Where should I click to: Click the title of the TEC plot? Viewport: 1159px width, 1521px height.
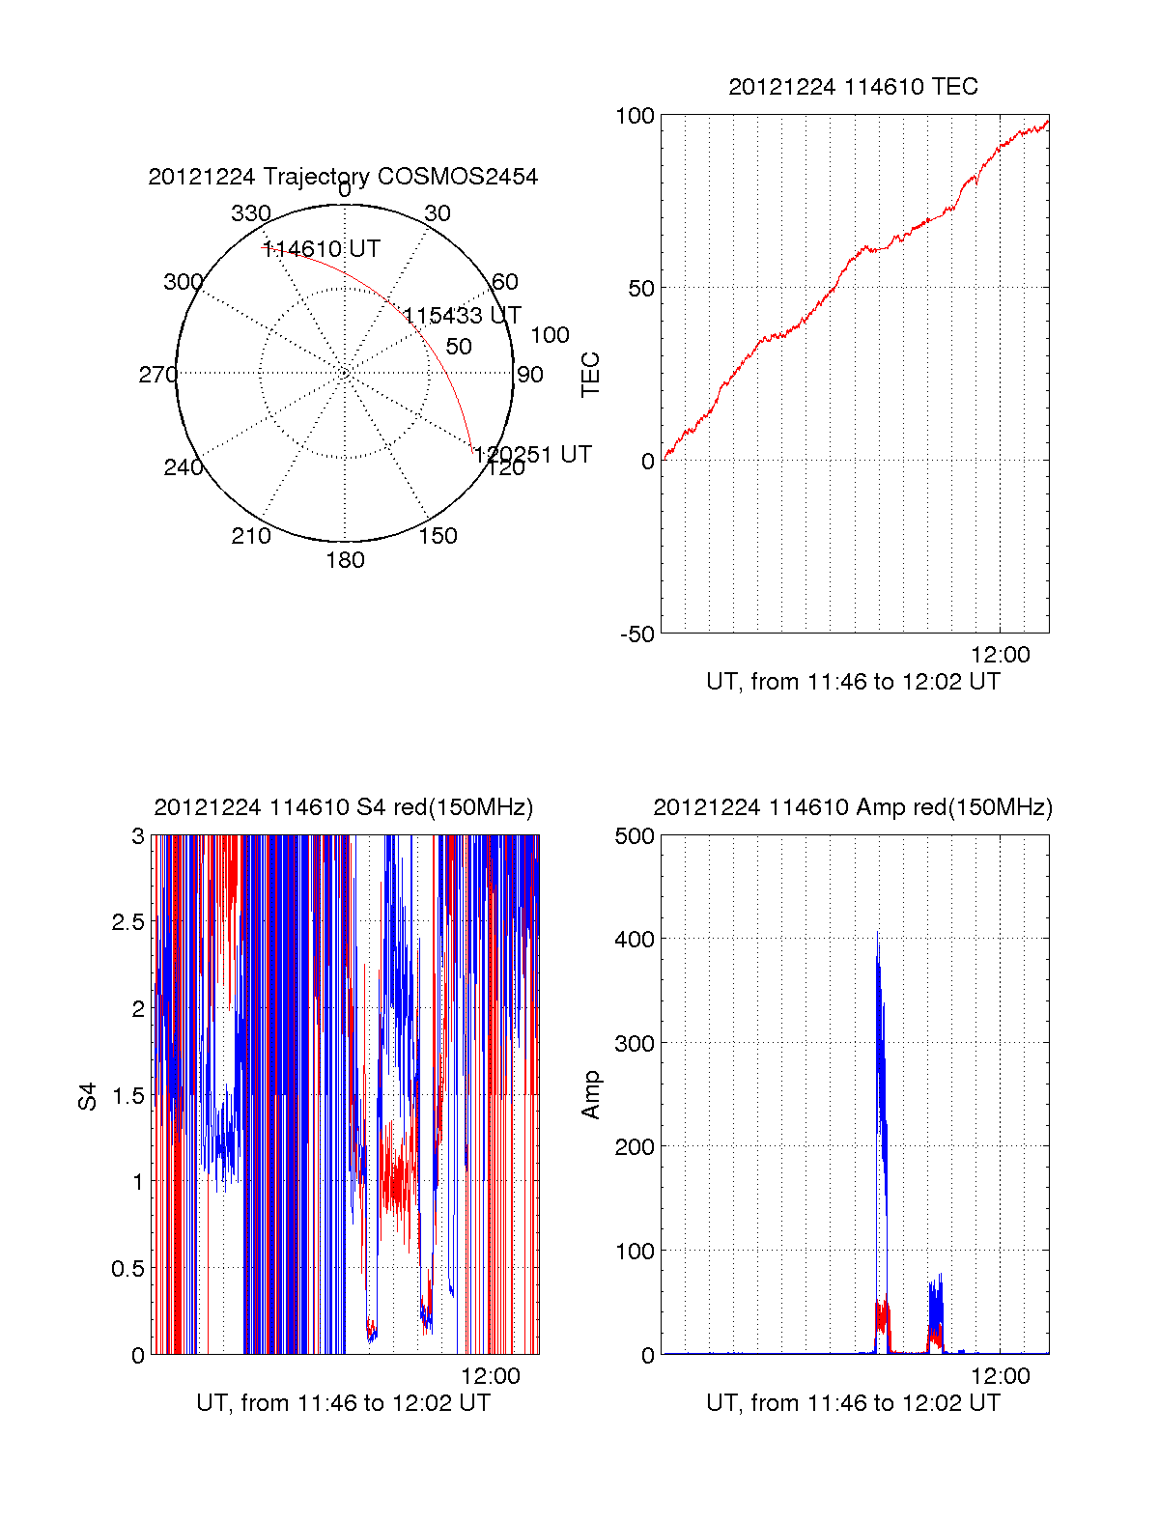853,87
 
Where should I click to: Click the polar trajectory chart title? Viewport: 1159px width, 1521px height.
343,177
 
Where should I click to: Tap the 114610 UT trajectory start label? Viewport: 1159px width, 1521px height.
322,249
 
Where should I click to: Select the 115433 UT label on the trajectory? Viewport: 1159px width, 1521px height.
462,316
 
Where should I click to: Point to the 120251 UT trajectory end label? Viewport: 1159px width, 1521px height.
532,455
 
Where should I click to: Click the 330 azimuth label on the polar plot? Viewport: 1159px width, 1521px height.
251,213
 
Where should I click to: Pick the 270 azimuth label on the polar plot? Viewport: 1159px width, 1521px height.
157,375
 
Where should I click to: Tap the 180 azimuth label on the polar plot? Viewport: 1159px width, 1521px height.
345,560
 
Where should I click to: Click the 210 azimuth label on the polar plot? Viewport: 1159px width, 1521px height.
251,536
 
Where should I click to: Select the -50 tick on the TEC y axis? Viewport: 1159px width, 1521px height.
637,634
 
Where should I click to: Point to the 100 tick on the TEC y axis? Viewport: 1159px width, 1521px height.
635,116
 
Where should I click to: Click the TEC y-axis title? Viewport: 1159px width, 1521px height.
590,375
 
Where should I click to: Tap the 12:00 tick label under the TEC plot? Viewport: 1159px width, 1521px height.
1001,655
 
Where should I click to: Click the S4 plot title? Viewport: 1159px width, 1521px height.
343,807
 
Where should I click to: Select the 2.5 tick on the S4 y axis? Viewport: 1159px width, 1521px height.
127,922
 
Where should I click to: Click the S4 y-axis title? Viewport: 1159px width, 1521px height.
88,1096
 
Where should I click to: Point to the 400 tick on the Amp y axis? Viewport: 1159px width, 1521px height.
635,939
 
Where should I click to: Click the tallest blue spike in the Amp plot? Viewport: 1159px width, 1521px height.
878,935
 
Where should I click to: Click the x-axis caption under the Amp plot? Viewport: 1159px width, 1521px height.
853,1403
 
